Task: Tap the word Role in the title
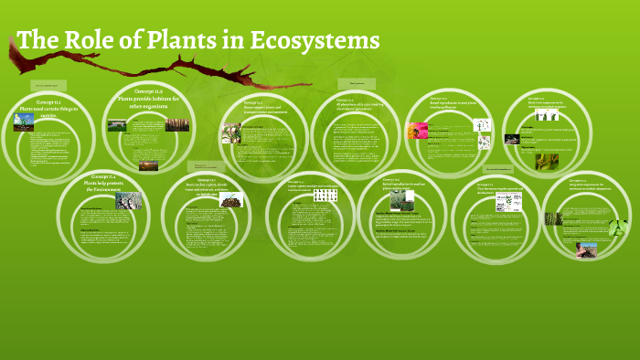[x=77, y=40]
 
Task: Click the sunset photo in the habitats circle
[x=148, y=165]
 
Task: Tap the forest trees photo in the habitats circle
[x=177, y=123]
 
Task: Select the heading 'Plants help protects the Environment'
[x=102, y=183]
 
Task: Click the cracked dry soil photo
[x=129, y=200]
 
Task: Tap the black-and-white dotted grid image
[x=325, y=195]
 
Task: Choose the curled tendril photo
[x=548, y=162]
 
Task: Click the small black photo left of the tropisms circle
[x=512, y=140]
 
